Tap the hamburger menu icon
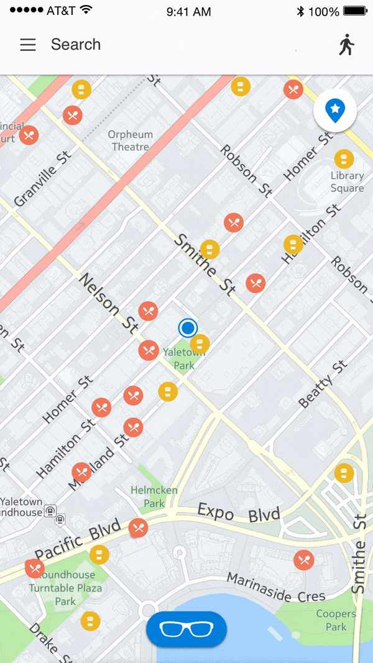pos(28,45)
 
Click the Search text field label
pos(75,45)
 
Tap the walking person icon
pos(347,45)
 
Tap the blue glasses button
pos(186,629)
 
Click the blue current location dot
pos(187,327)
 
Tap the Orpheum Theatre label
pos(130,141)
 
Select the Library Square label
pos(347,182)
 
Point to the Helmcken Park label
pos(154,496)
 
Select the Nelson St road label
pos(109,303)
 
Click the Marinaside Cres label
pos(275,587)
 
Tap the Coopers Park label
pos(336,620)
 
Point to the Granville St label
pos(44,178)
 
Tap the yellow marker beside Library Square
pos(344,159)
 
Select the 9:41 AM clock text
pos(189,12)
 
